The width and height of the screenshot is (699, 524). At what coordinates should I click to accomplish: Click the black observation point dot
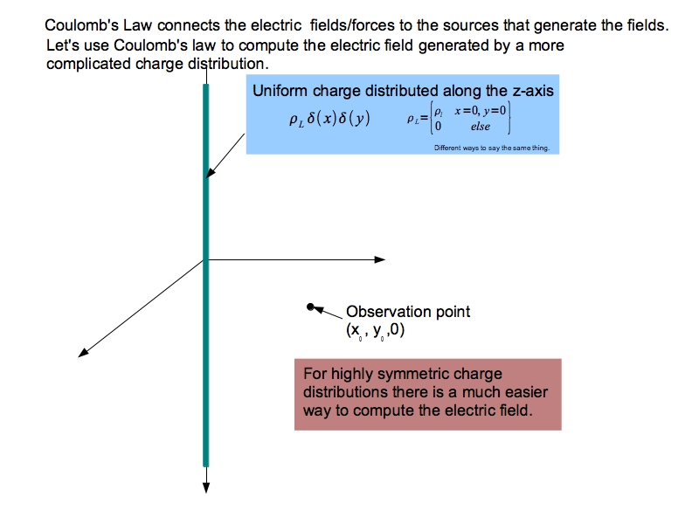[x=310, y=307]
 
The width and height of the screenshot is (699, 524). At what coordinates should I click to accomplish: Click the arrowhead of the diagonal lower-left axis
[x=84, y=352]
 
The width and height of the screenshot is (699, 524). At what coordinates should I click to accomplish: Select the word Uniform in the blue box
[x=278, y=90]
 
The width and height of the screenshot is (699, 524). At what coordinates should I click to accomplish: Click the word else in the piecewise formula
[x=481, y=127]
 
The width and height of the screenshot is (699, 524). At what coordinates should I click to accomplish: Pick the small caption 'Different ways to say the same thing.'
[x=491, y=148]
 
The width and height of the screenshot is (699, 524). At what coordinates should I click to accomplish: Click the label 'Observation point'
[x=408, y=312]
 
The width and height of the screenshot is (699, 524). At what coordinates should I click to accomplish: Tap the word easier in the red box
[x=528, y=392]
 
